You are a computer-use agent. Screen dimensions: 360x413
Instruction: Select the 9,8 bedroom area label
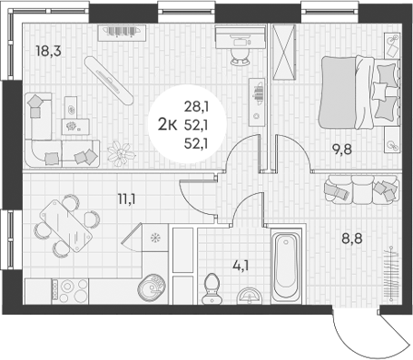[x=341, y=154]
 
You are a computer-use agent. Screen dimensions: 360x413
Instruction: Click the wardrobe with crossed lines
[x=284, y=54]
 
